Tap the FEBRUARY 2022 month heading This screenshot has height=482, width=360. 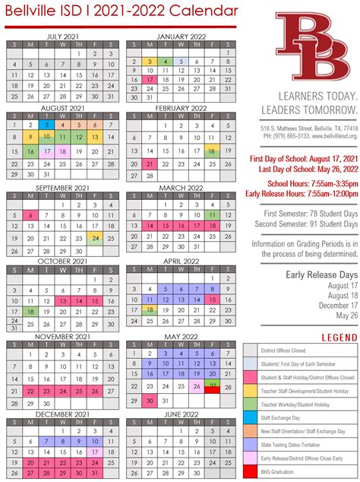(181, 108)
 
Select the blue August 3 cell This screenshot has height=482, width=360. (46, 125)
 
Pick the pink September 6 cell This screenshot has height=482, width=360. (30, 214)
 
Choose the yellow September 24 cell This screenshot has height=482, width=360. (96, 239)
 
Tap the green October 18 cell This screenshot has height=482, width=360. (30, 312)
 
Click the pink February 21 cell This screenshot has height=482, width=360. (149, 164)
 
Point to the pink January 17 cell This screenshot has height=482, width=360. (149, 79)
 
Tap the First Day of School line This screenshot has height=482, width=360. (302, 157)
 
